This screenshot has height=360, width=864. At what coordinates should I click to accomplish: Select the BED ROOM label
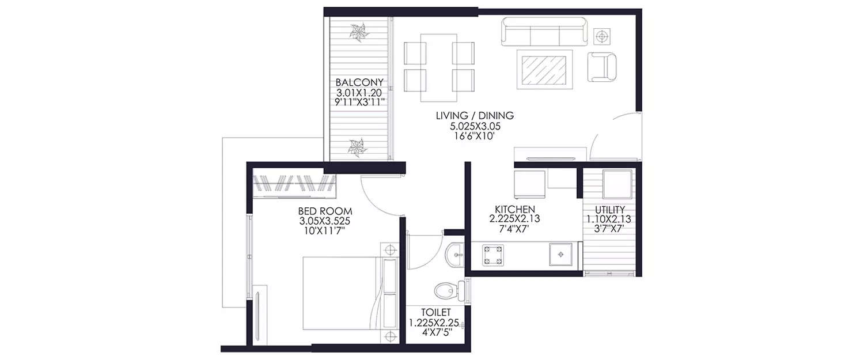[x=325, y=210]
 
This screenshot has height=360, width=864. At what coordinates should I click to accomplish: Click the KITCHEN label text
[x=515, y=209]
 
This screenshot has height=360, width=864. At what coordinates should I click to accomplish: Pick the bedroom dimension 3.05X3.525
[x=325, y=221]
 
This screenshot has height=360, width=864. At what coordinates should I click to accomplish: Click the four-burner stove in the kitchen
[x=490, y=255]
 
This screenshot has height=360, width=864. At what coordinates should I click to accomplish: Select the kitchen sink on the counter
[x=561, y=255]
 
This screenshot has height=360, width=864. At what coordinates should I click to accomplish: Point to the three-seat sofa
[x=544, y=32]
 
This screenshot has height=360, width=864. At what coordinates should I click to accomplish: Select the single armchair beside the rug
[x=602, y=67]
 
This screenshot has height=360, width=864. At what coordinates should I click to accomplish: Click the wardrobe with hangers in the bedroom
[x=295, y=185]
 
